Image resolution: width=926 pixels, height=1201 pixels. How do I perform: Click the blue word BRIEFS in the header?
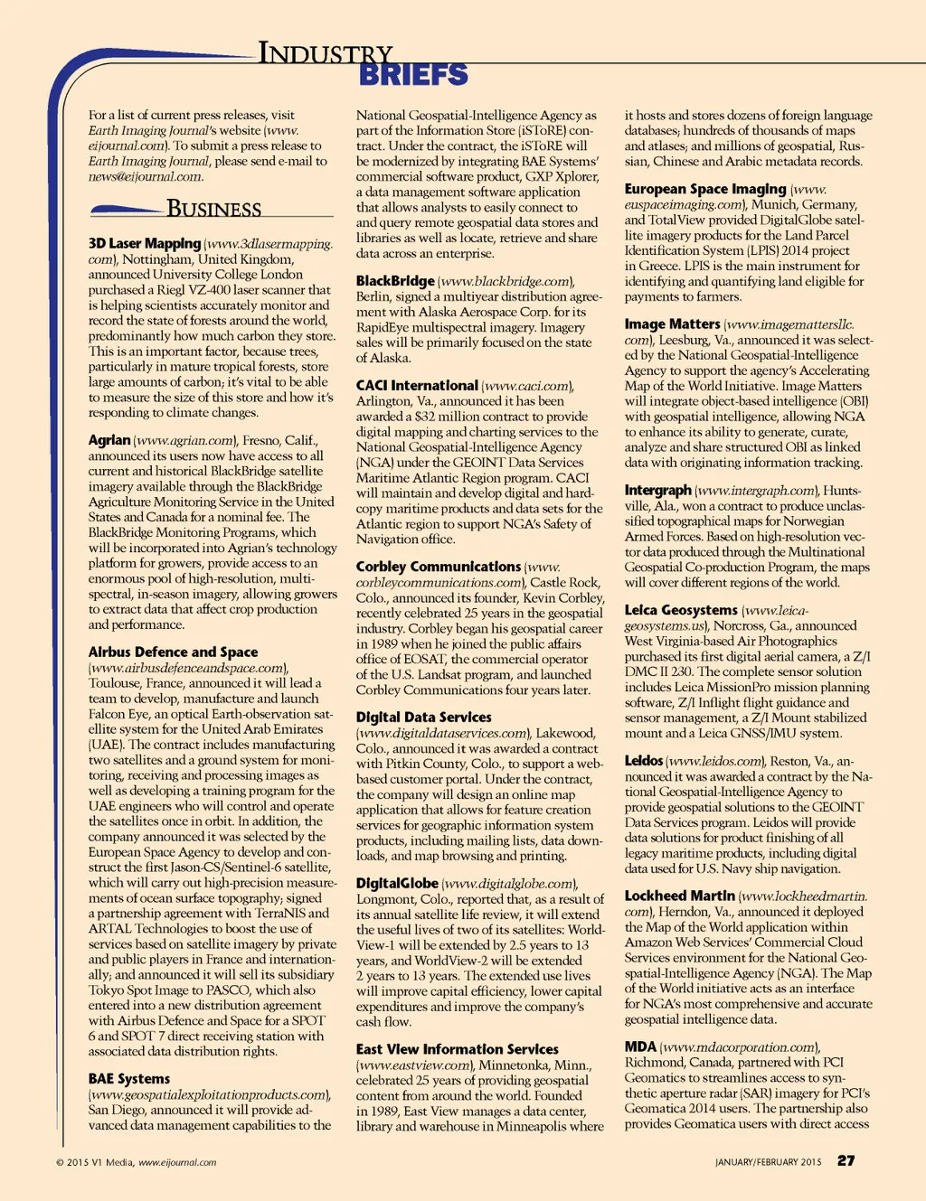[x=413, y=75]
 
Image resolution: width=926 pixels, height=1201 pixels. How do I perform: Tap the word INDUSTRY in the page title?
[x=326, y=53]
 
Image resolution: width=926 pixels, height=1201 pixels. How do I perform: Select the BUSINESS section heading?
[x=213, y=209]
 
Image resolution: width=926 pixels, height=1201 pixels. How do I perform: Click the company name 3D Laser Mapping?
[x=145, y=243]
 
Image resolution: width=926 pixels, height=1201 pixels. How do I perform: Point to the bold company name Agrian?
[x=109, y=440]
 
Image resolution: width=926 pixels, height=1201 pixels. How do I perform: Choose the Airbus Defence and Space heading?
[x=173, y=652]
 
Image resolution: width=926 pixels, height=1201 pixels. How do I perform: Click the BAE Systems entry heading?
[x=129, y=1078]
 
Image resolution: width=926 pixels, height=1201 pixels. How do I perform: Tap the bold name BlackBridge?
[x=395, y=281]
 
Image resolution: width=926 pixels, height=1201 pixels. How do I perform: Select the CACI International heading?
[x=417, y=386]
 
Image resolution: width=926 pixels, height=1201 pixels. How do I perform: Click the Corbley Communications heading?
[x=439, y=567]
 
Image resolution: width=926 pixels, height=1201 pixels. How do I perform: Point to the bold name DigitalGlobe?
[x=397, y=883]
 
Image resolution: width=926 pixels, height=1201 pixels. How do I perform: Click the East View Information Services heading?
[x=457, y=1049]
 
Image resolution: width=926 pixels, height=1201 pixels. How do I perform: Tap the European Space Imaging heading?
[x=705, y=189]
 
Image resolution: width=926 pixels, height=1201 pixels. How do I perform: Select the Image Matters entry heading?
[x=672, y=324]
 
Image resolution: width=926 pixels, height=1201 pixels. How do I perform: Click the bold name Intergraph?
[x=657, y=490]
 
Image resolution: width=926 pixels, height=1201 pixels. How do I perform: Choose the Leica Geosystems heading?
[x=681, y=610]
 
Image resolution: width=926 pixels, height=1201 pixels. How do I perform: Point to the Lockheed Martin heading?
[x=679, y=896]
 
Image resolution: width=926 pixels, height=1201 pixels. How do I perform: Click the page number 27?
[x=846, y=1160]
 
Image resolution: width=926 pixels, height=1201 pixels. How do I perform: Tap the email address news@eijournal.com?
[x=145, y=176]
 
